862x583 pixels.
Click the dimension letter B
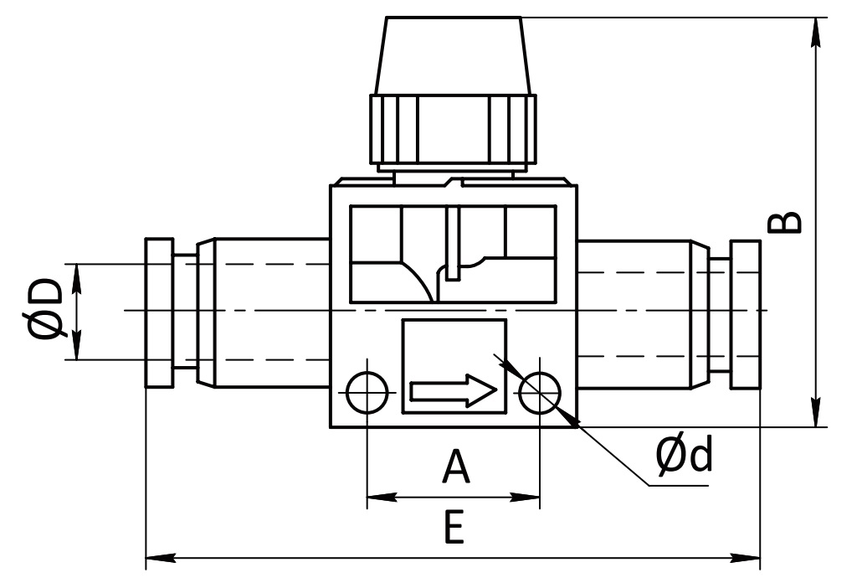pyautogui.click(x=784, y=222)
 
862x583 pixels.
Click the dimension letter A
pyautogui.click(x=456, y=466)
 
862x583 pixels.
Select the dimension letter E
pyautogui.click(x=454, y=527)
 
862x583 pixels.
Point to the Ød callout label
pyautogui.click(x=684, y=454)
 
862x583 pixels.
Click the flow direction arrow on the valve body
pyautogui.click(x=454, y=391)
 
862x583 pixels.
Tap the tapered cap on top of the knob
pyautogui.click(x=454, y=55)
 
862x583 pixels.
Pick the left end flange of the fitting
pyautogui.click(x=159, y=312)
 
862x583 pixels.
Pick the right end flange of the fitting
pyautogui.click(x=746, y=314)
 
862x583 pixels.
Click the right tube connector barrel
pyautogui.click(x=643, y=313)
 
